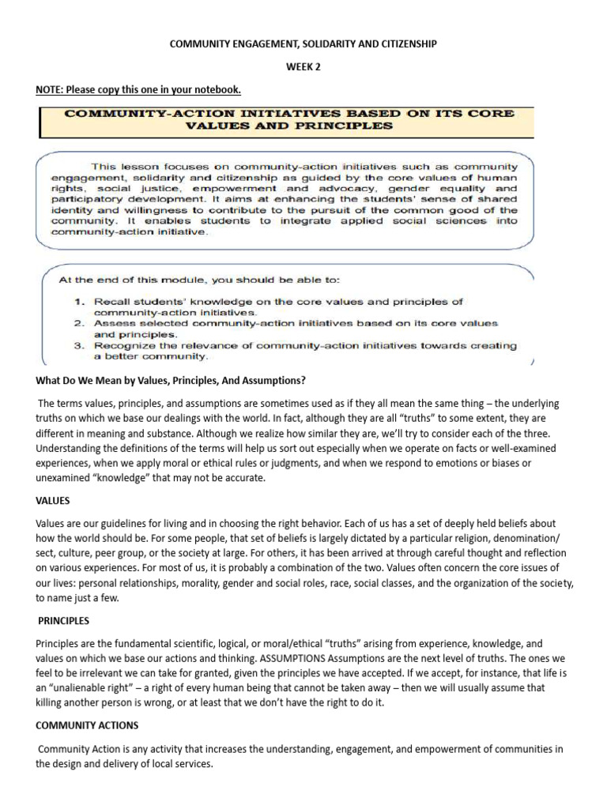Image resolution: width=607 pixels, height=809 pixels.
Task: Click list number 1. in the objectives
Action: (79, 301)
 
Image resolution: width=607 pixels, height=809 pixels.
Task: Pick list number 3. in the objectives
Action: (79, 345)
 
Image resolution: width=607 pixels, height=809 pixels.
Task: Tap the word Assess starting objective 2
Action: (112, 323)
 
